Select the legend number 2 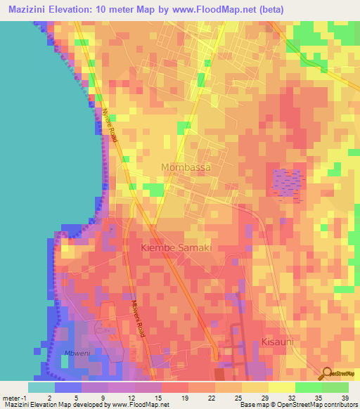[x=68, y=397]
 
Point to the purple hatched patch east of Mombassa [x=286, y=183]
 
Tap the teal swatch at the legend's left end [x=41, y=387]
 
